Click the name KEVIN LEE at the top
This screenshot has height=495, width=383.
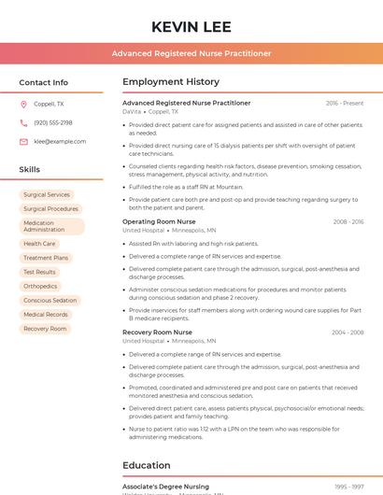pyautogui.click(x=191, y=26)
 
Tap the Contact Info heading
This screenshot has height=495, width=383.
pyautogui.click(x=44, y=82)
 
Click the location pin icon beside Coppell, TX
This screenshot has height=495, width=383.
pyautogui.click(x=23, y=105)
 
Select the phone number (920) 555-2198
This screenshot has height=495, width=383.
pyautogui.click(x=53, y=123)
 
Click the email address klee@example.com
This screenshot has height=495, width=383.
pyautogui.click(x=60, y=142)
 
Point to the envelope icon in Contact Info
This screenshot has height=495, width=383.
pyautogui.click(x=23, y=142)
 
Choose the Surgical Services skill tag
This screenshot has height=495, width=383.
pyautogui.click(x=47, y=195)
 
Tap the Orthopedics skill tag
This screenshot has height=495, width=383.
pyautogui.click(x=40, y=287)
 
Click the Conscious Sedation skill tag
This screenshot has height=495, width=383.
pyautogui.click(x=50, y=301)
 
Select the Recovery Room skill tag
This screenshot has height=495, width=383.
pyautogui.click(x=45, y=329)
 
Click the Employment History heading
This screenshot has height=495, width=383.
pyautogui.click(x=171, y=82)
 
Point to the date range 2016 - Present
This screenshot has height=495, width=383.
pyautogui.click(x=345, y=103)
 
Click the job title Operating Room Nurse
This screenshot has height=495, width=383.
pyautogui.click(x=159, y=221)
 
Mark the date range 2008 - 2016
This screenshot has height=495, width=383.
pyautogui.click(x=348, y=221)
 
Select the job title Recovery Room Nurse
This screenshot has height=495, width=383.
pyautogui.click(x=157, y=332)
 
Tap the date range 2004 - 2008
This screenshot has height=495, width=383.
pyautogui.click(x=348, y=332)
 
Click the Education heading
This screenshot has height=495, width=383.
pyautogui.click(x=147, y=465)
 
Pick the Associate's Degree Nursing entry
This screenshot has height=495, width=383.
pyautogui.click(x=165, y=487)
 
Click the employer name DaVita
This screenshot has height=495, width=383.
pyautogui.click(x=132, y=111)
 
